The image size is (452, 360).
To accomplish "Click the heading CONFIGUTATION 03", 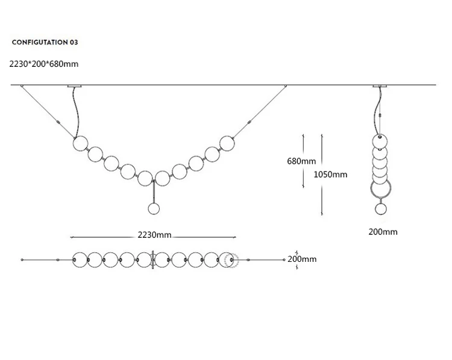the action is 45,42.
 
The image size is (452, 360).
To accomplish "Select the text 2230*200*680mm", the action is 44,64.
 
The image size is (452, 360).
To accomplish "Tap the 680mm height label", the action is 301,161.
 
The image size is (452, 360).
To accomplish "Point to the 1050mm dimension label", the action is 330,174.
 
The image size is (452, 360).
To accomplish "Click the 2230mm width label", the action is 154,235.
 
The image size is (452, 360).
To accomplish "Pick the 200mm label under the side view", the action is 383,232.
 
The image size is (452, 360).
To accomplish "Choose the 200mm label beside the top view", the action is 302,259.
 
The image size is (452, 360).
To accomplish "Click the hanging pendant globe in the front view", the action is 154,209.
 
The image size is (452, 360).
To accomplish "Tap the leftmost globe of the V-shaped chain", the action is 80,143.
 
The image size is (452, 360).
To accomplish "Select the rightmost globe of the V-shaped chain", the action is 227,143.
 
